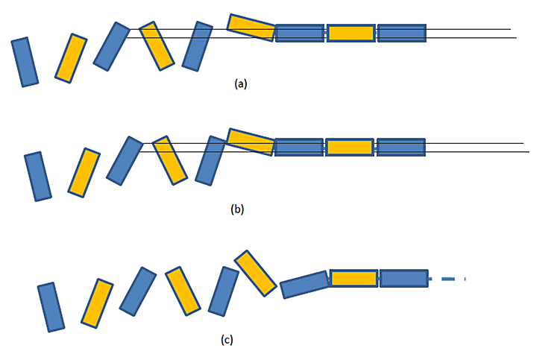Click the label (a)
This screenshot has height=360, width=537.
click(x=240, y=83)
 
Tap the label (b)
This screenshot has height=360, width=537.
click(x=237, y=209)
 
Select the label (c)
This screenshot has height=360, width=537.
click(x=227, y=340)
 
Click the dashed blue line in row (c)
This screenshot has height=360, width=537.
click(x=447, y=279)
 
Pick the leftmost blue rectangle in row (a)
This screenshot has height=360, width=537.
click(x=25, y=62)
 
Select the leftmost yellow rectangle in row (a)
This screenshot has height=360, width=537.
click(x=71, y=57)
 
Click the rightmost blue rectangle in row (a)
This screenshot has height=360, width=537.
click(x=401, y=33)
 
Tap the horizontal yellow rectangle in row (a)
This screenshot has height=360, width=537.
click(x=351, y=33)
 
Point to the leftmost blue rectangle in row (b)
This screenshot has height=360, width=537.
click(x=38, y=176)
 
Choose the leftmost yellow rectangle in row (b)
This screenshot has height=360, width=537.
click(x=84, y=172)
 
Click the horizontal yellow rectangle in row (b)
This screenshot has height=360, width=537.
click(x=350, y=147)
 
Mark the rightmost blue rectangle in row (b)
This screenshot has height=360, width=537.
click(x=401, y=147)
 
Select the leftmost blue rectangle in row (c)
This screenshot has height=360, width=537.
click(x=51, y=306)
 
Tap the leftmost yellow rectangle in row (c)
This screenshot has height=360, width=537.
click(x=97, y=303)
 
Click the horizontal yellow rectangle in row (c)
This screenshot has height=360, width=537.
click(x=354, y=279)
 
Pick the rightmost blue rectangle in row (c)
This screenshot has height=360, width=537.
click(x=403, y=279)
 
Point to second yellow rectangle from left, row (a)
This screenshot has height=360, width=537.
click(x=157, y=45)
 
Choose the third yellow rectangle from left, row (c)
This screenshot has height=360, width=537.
click(x=256, y=274)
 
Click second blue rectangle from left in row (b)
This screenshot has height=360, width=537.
click(x=125, y=160)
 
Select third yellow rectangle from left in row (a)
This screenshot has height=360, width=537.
click(x=251, y=28)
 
